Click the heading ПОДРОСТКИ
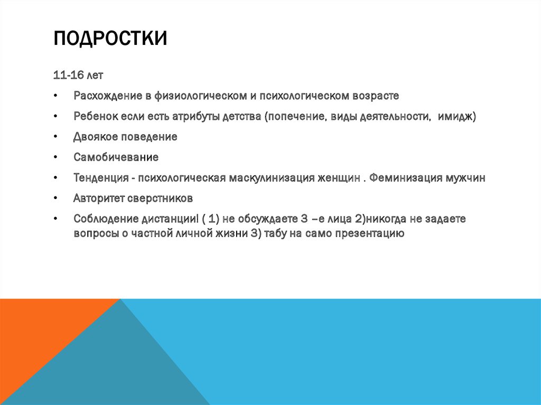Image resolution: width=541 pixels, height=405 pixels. [110, 39]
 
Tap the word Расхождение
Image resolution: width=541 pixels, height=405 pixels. [107, 96]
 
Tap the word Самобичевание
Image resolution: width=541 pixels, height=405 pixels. [116, 157]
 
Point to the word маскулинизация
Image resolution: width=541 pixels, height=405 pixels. [272, 178]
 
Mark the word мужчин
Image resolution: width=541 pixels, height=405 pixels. [465, 178]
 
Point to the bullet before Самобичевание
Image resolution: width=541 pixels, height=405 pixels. [55, 158]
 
